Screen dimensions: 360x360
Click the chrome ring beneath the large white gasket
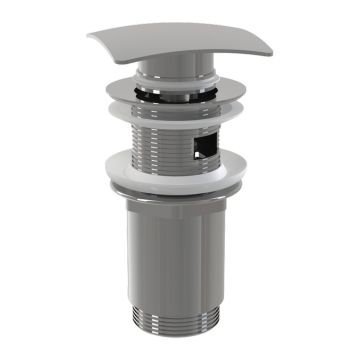point(180,193)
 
